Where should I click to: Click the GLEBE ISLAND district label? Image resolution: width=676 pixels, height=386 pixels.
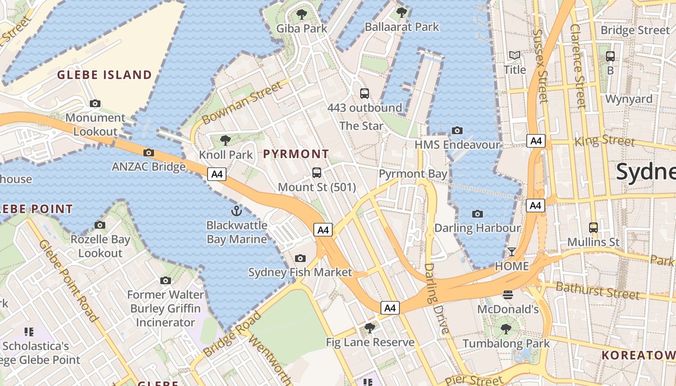click(x=105, y=75)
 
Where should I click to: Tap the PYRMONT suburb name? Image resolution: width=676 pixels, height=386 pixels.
click(x=296, y=154)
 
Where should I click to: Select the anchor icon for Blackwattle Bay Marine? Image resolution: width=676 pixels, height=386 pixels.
click(x=237, y=210)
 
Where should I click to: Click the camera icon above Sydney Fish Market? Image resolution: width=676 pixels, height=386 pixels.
click(x=300, y=258)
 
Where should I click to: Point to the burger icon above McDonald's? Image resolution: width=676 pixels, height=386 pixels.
click(x=507, y=294)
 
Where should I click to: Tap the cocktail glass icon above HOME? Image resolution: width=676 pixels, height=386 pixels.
click(x=511, y=251)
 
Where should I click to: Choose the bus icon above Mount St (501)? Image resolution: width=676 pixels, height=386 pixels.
click(x=317, y=172)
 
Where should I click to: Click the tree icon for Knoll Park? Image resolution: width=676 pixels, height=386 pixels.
click(x=225, y=140)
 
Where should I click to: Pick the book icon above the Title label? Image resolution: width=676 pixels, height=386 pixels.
click(x=515, y=55)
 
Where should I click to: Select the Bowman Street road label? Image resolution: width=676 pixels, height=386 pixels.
click(x=241, y=103)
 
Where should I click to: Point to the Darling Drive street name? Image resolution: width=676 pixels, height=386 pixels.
click(x=437, y=299)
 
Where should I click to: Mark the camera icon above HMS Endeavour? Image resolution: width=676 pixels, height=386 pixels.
click(x=457, y=130)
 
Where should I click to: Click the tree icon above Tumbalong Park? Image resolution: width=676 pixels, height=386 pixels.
click(x=506, y=329)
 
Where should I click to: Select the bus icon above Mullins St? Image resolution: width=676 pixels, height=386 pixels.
click(x=593, y=227)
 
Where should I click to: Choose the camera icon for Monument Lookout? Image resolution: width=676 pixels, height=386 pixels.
click(x=95, y=103)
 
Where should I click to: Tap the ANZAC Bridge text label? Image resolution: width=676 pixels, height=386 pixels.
click(x=149, y=167)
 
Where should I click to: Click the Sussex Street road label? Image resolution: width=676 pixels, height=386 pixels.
click(x=541, y=66)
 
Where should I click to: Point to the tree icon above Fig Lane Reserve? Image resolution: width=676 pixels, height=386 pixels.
click(x=370, y=328)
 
